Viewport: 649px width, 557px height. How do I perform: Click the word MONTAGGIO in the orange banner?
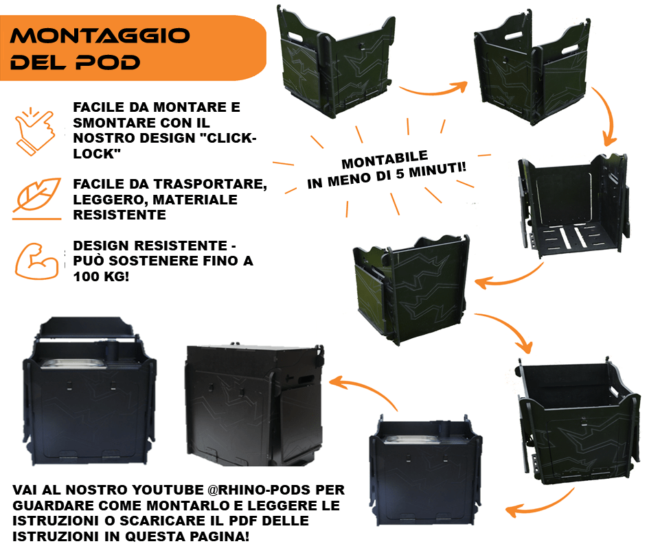(100, 36)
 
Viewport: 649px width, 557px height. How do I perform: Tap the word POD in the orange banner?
(108, 62)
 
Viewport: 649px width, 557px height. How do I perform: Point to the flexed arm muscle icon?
(36, 261)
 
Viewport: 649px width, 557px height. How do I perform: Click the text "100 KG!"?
(101, 276)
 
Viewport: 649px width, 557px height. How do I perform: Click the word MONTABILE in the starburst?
(385, 159)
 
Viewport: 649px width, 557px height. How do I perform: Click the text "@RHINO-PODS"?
(259, 490)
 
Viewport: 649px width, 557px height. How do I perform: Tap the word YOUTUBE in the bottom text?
(168, 490)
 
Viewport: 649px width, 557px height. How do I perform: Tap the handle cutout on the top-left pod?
(295, 37)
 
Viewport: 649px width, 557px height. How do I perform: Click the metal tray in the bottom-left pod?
(73, 363)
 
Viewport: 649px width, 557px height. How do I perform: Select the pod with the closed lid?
(253, 405)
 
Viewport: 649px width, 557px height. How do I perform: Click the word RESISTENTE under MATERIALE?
(119, 215)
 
